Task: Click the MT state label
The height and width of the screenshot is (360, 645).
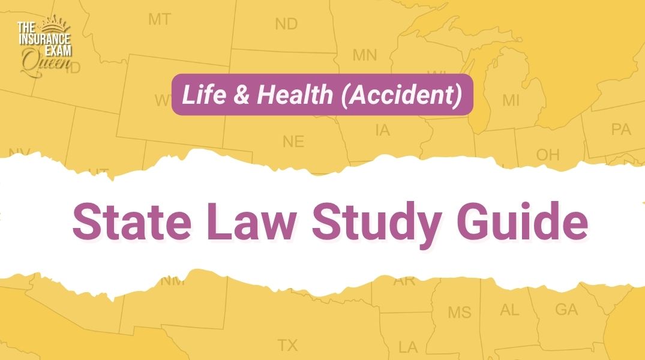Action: pyautogui.click(x=159, y=20)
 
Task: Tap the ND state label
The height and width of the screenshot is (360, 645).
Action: pyautogui.click(x=286, y=24)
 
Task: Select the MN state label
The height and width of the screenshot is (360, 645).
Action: pyautogui.click(x=364, y=56)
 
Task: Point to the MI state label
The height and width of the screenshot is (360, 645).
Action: pyautogui.click(x=511, y=100)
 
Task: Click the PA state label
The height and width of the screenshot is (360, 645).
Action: pyautogui.click(x=620, y=129)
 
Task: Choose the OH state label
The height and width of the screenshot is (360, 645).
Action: pyautogui.click(x=547, y=155)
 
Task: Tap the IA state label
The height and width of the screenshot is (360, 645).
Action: pyautogui.click(x=382, y=130)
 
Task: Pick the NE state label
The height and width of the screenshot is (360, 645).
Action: pyautogui.click(x=293, y=142)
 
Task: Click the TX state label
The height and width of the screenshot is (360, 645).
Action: pyautogui.click(x=287, y=345)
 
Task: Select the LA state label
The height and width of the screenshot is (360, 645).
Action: pyautogui.click(x=408, y=347)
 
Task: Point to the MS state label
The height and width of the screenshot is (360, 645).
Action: pyautogui.click(x=460, y=313)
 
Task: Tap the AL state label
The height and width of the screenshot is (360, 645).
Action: pyautogui.click(x=509, y=310)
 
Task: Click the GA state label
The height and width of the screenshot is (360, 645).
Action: pyautogui.click(x=566, y=310)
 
